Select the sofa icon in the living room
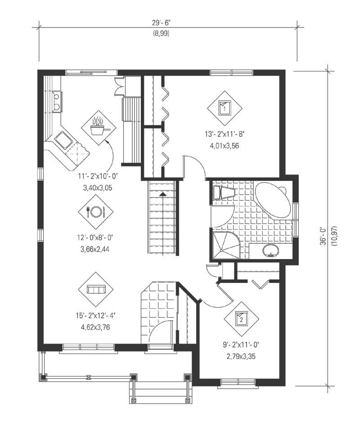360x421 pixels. point(95,289)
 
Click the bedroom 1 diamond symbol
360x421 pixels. point(224,108)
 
